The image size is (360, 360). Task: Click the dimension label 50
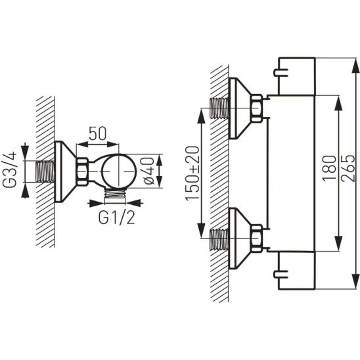(x=98, y=133)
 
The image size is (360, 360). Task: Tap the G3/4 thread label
(x=9, y=169)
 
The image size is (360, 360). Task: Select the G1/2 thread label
(x=116, y=217)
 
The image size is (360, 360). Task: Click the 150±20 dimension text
(x=192, y=174)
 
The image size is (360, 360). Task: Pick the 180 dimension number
(x=329, y=169)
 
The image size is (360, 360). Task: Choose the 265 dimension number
(x=348, y=169)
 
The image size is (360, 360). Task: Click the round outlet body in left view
(x=119, y=171)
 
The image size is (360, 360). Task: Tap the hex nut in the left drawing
(x=82, y=171)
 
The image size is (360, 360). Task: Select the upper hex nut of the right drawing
(x=256, y=108)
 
